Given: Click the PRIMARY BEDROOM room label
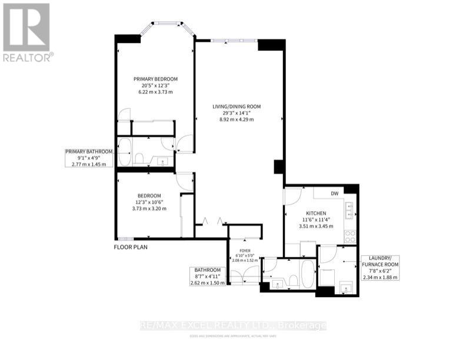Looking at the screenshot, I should point(155,79).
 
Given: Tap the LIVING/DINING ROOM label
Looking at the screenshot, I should point(237,106).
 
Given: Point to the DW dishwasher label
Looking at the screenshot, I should point(334,192).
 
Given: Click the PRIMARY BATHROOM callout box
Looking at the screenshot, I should point(88,158).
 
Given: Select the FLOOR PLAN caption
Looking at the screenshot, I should point(131,247).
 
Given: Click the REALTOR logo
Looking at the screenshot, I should point(26,32).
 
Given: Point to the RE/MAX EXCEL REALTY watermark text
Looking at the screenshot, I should point(232,325).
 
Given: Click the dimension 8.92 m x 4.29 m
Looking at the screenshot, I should point(237,119).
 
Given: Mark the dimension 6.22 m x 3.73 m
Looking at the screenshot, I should point(155,92).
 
